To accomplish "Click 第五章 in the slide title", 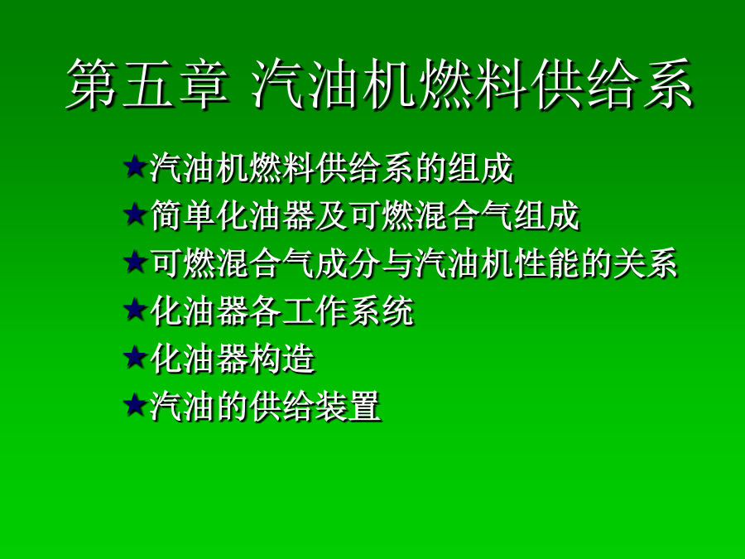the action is coord(147,84).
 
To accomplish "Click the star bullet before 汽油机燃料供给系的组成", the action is coord(135,166).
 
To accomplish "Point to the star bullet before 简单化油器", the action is coord(135,214).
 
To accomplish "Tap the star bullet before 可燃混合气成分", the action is coord(135,262).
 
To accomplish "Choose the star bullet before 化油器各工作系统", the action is coord(135,310).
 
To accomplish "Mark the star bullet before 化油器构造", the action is coord(135,358).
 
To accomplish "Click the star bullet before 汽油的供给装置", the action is coord(135,405).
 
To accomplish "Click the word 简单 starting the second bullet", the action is coord(183,215).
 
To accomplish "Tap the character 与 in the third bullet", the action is coord(397,263).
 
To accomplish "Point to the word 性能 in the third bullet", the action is coord(546,263).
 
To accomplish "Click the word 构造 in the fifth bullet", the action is coord(282,359).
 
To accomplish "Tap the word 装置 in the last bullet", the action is coord(348,406).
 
